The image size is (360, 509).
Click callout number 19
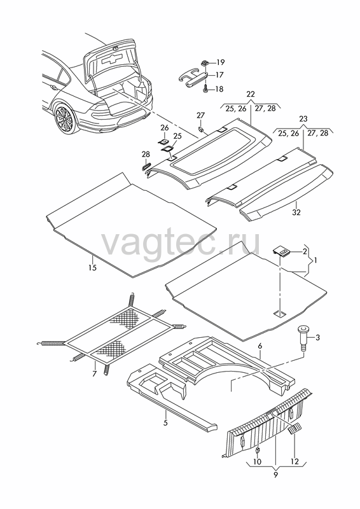(221, 62)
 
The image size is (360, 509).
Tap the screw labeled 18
(206, 88)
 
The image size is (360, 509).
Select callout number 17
(219, 75)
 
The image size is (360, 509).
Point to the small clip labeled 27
(201, 130)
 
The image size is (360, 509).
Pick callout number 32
(296, 213)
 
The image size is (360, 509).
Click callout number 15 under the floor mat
(92, 268)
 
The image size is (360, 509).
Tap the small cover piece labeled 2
(281, 251)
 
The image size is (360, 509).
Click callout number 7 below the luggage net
(95, 374)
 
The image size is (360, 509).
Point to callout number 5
(165, 423)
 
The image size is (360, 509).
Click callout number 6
(260, 347)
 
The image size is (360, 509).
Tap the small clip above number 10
(257, 450)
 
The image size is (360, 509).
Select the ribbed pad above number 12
(294, 429)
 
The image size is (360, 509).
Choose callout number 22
(251, 94)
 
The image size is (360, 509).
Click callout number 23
(303, 119)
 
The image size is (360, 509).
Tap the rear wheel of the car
(66, 119)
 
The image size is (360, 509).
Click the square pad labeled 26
(164, 141)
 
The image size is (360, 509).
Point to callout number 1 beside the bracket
(315, 260)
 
